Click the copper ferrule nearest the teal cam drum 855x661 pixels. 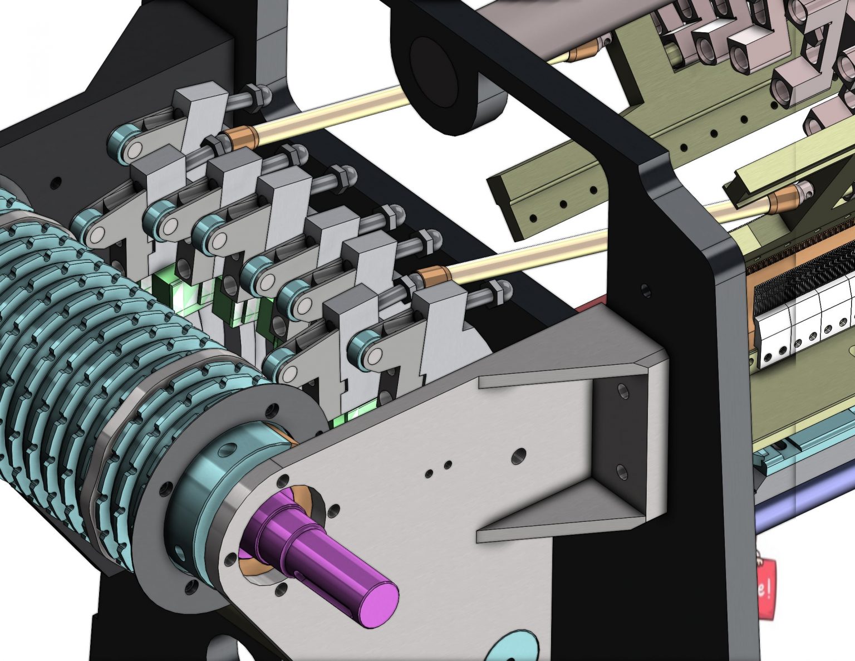(x=241, y=138)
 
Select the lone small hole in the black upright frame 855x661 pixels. (x=645, y=290)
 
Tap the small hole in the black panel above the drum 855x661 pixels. (x=55, y=182)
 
